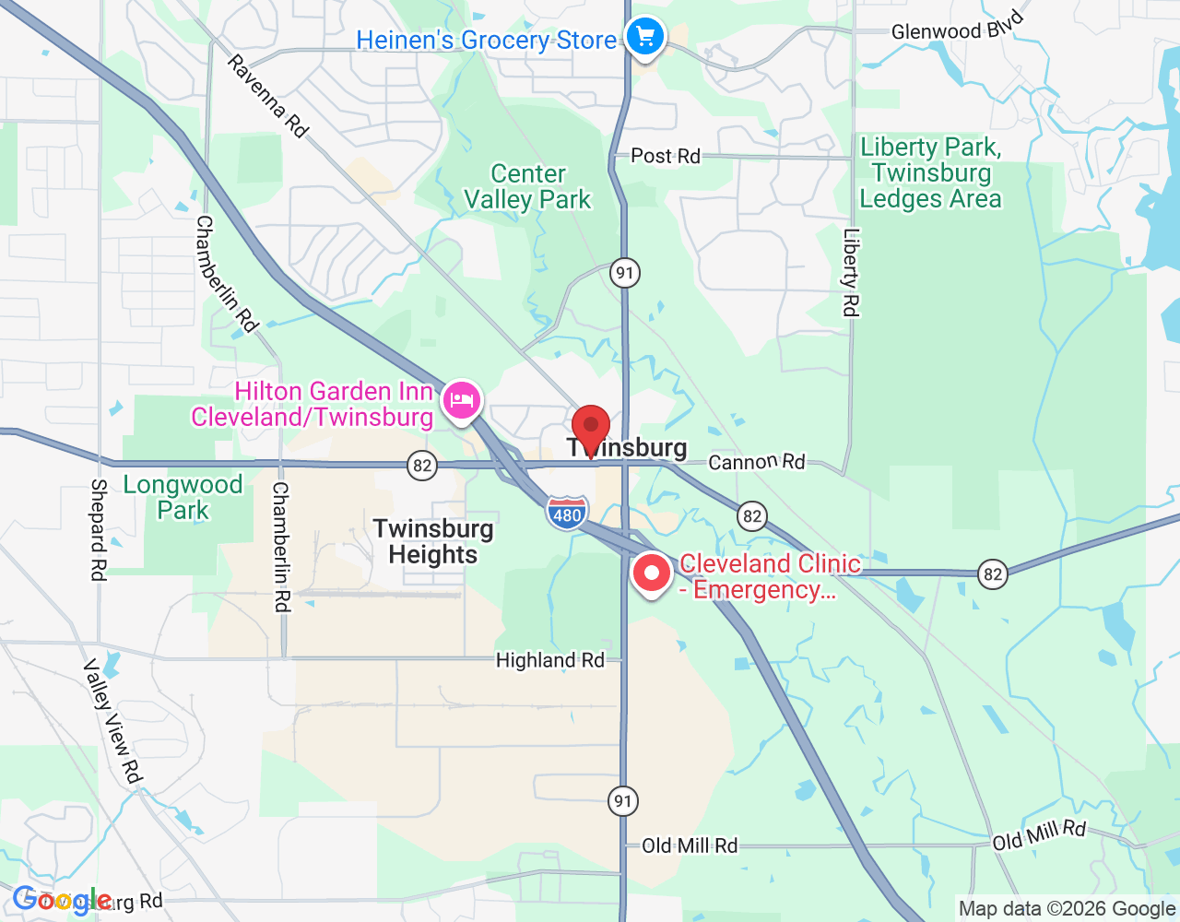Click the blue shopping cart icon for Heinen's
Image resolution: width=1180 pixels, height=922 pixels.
coord(645,38)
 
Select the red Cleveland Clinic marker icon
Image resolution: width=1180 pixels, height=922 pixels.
coord(652,573)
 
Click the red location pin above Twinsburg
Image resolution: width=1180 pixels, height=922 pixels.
coord(591,428)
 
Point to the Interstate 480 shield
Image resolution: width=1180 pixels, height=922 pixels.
coord(566,514)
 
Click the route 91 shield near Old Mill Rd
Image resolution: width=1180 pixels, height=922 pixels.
coord(623,800)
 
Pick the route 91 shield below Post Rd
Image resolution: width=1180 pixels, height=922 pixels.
coord(625,273)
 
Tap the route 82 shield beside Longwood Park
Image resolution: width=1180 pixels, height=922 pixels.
coord(422,465)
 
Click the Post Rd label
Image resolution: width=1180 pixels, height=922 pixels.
coord(666,156)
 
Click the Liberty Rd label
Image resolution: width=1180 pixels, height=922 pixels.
coord(850,273)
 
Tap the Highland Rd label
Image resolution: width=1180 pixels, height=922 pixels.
coord(549,660)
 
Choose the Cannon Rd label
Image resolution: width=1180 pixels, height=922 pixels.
coord(756,461)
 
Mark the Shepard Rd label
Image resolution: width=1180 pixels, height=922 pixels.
coord(99,529)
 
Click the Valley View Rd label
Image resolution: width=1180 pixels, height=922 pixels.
coord(113,721)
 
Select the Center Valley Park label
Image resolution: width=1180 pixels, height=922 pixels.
coord(527,187)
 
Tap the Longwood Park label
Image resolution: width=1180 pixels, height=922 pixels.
coord(183,497)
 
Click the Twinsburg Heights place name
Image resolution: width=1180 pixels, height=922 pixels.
coord(433,541)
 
